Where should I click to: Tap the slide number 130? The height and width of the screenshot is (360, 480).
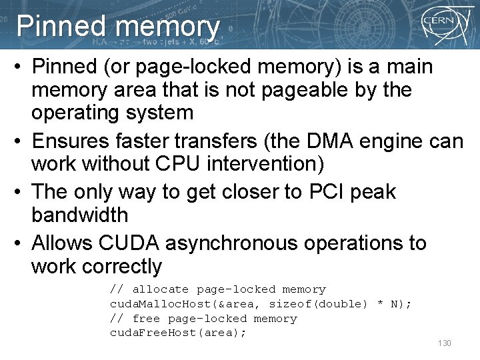pos(444,343)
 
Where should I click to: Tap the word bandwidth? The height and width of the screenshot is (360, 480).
pos(79,215)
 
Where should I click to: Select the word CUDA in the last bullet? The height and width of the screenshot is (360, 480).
pos(126,243)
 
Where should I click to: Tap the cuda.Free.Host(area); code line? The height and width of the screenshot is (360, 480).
pos(178,333)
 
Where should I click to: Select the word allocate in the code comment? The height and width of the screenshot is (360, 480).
pos(161,289)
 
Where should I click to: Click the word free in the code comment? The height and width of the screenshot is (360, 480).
pos(147,319)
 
